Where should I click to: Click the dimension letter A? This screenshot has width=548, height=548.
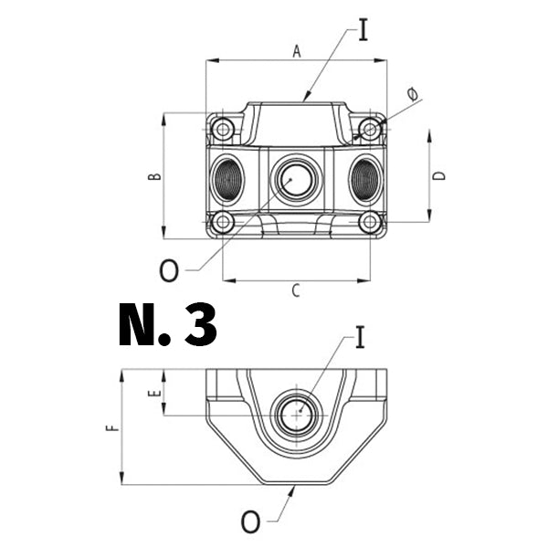click(296, 52)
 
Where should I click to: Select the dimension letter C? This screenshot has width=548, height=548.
click(295, 291)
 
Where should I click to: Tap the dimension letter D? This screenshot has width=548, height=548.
click(439, 175)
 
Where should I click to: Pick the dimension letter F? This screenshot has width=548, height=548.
click(111, 427)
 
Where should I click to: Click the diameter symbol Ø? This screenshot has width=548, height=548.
click(412, 94)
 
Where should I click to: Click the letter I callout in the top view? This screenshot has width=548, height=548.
click(364, 30)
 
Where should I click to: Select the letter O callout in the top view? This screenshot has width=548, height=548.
click(169, 270)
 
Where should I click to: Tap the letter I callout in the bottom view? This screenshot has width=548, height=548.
click(359, 339)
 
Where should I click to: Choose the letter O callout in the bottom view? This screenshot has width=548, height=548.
click(250, 522)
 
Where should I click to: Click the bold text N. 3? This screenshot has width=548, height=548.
click(168, 325)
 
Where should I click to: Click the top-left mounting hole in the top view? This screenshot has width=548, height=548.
click(222, 130)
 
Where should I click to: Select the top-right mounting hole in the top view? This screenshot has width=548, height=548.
click(370, 130)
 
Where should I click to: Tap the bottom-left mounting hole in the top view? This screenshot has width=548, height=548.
click(222, 222)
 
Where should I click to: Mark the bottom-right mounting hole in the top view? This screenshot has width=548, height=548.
click(370, 222)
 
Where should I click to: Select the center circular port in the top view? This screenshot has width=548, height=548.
click(296, 178)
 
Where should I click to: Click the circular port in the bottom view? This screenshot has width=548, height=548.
click(296, 416)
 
